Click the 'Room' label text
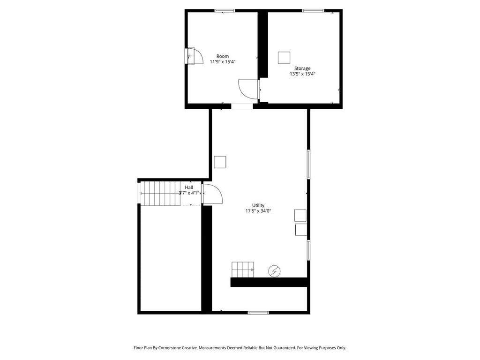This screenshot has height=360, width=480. coord(223,56)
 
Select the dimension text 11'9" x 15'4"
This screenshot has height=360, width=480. coord(223,62)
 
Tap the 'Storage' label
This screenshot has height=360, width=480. coord(302,68)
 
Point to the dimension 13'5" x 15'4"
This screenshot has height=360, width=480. coord(302,74)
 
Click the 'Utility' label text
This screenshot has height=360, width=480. coord(258,205)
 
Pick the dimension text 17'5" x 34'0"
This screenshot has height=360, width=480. coord(258,211)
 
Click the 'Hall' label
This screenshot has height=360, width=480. coord(189,187)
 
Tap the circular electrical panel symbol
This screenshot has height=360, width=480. coord(274,270)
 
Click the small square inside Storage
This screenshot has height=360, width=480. coord(285,58)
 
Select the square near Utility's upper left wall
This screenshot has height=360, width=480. coord(220,162)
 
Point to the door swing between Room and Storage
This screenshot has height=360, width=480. coord(248,89)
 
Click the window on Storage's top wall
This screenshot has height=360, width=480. coord(313,11)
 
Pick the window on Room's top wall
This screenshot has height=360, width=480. coord(225,11)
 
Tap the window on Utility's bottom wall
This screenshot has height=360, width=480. coord(258,312)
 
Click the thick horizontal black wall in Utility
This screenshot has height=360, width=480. coord(269,282)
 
